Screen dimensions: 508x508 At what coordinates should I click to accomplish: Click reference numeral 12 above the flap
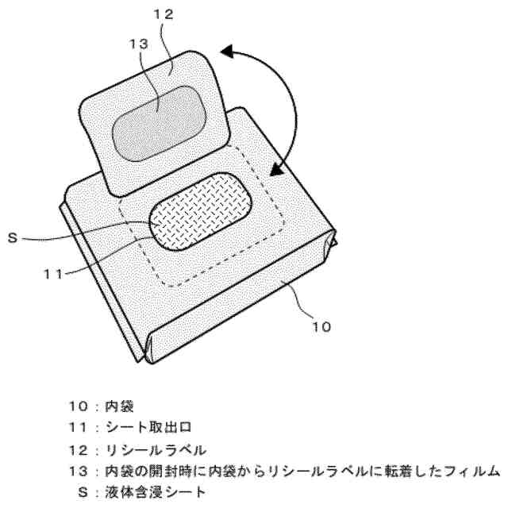162,13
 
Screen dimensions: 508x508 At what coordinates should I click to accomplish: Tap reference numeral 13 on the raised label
138,46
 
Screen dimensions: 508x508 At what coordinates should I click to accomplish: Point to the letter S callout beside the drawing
33,237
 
